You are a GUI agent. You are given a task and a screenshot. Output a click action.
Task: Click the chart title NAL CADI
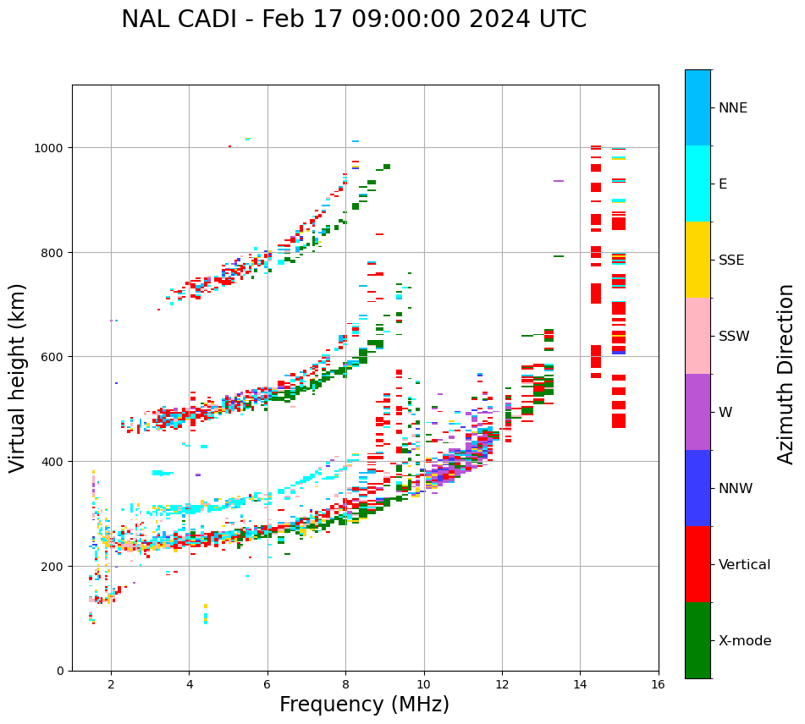click(353, 19)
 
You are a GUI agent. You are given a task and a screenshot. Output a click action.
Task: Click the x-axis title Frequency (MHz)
click(364, 705)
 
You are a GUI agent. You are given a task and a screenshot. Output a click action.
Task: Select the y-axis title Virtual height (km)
click(18, 377)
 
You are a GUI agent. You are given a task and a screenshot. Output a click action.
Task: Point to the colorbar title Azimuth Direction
click(786, 374)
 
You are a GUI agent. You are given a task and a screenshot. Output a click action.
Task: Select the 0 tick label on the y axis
click(59, 671)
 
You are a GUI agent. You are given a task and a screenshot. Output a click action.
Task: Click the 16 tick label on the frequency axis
click(659, 685)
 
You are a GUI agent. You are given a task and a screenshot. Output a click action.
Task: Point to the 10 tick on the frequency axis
click(424, 685)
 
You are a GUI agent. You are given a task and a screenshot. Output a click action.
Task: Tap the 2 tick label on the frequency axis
click(111, 685)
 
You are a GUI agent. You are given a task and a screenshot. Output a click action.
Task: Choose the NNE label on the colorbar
click(733, 108)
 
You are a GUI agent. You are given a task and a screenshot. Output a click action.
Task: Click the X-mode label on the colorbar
click(745, 641)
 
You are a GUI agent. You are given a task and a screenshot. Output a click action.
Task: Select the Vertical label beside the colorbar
click(745, 565)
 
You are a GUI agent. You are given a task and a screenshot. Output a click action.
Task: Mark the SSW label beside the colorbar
click(734, 337)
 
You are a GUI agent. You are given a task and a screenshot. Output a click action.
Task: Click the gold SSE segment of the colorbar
click(697, 260)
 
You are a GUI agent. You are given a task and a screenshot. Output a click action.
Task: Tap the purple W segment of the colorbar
click(697, 412)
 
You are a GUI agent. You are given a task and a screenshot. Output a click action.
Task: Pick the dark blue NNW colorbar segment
click(697, 488)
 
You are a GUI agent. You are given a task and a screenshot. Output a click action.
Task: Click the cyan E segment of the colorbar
click(697, 184)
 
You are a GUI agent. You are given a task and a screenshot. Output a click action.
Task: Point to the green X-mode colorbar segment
click(697, 640)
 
